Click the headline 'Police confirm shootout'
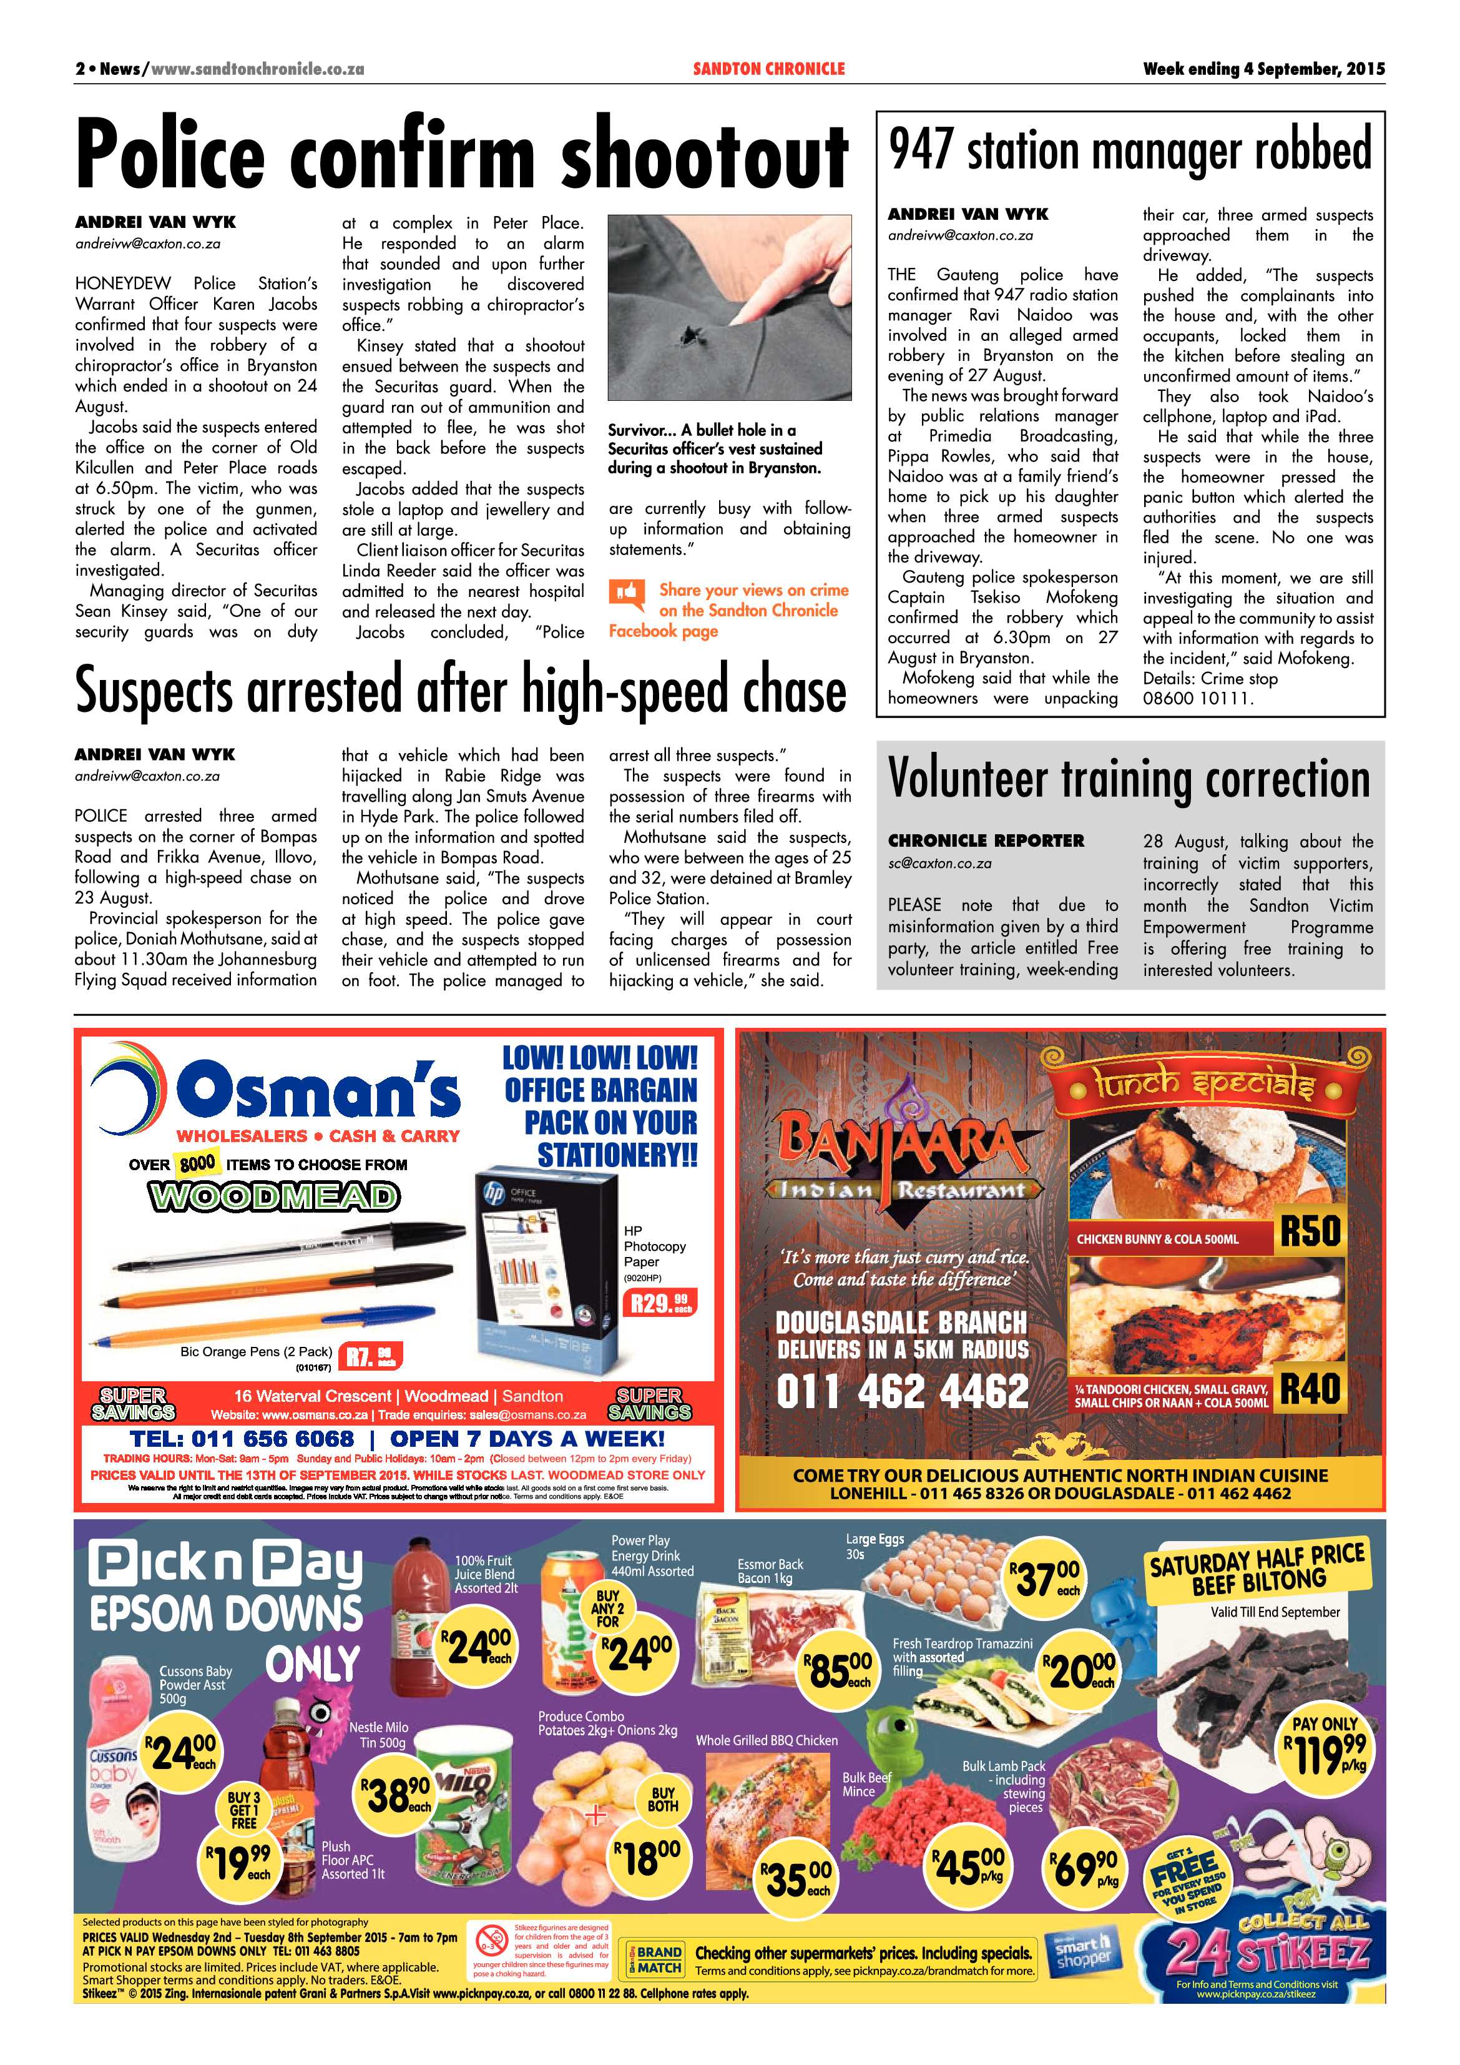point(461,155)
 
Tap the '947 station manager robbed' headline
point(1130,149)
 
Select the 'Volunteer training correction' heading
point(1129,779)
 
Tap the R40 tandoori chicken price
point(1310,1387)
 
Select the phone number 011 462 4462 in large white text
point(902,1391)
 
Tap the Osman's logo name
point(317,1088)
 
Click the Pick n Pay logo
point(227,1567)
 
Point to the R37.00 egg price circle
point(1046,1580)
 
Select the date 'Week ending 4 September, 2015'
point(1263,68)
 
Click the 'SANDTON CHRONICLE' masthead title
point(768,68)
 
